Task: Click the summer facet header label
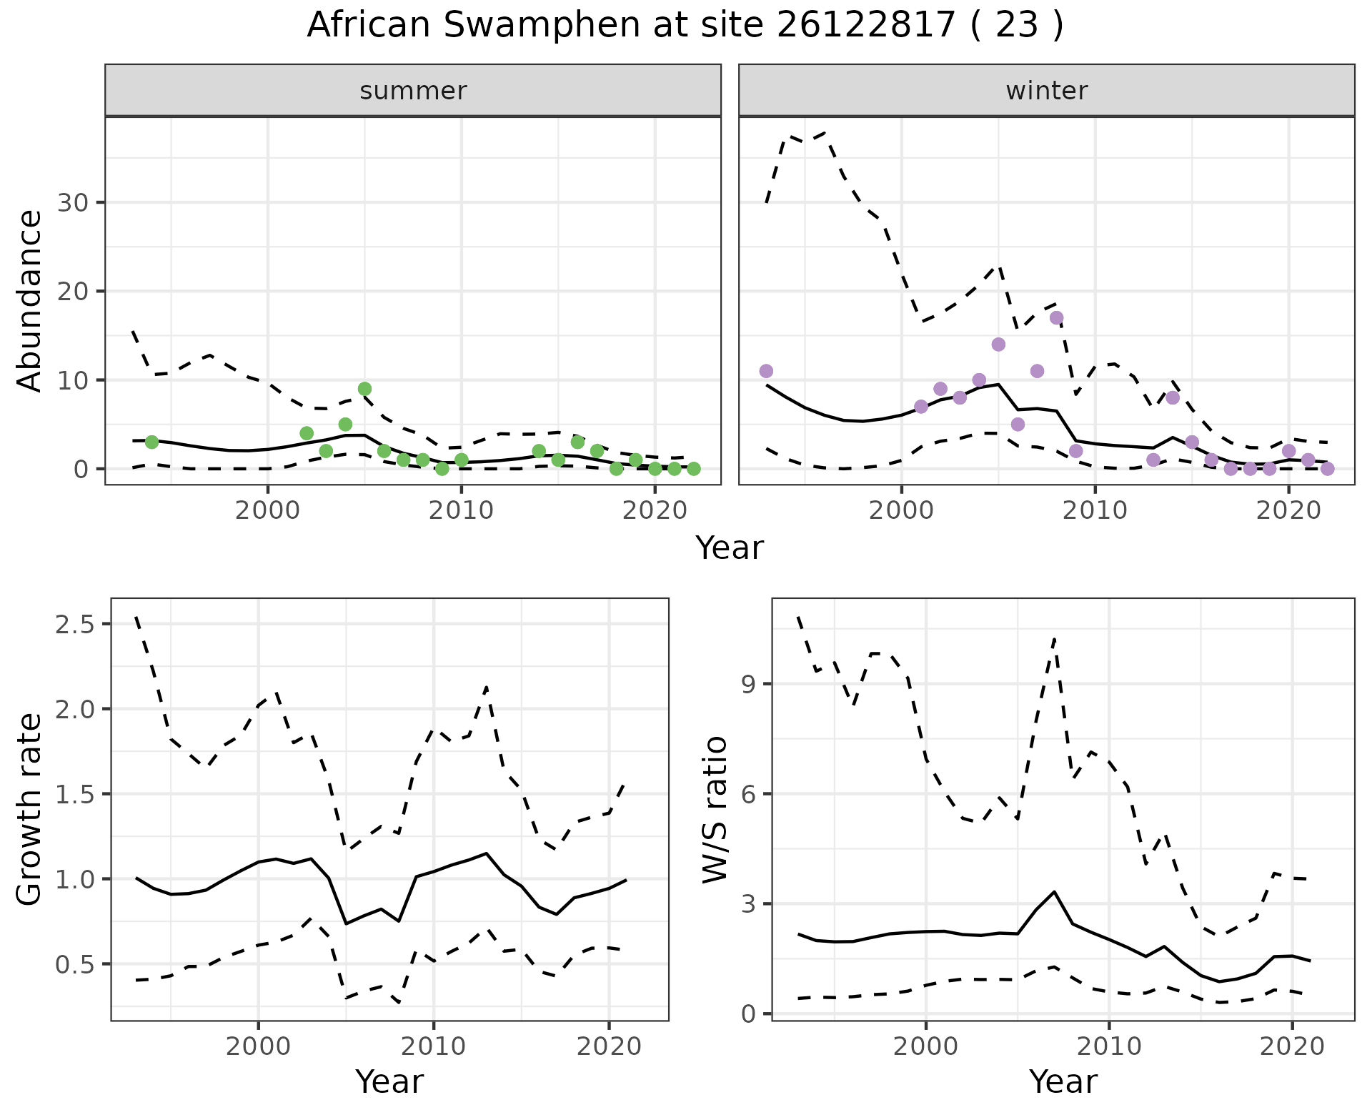click(x=413, y=91)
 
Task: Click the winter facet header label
click(x=1046, y=91)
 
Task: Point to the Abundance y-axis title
click(x=29, y=300)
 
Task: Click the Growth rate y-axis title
click(x=29, y=809)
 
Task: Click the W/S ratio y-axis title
click(x=715, y=809)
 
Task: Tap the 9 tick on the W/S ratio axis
click(x=747, y=685)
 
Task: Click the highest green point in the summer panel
click(x=364, y=389)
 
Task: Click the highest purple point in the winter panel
click(x=1056, y=317)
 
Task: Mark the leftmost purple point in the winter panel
click(x=766, y=371)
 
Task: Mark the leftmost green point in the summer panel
click(x=151, y=442)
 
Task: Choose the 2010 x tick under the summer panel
click(x=461, y=510)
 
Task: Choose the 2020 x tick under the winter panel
click(x=1288, y=510)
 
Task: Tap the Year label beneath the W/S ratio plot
click(x=1063, y=1081)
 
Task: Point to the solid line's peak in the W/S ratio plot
click(x=1054, y=892)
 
